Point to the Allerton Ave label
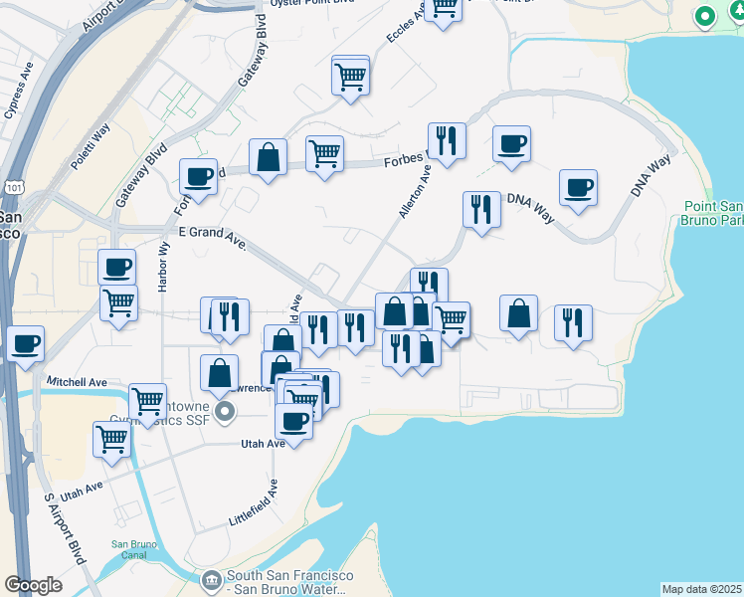[415, 192]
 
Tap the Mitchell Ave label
[77, 381]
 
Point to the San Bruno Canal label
[134, 549]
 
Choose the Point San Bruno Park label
[713, 212]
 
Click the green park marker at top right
[704, 17]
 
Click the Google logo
[33, 585]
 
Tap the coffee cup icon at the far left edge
[25, 343]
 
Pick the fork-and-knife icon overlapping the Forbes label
[447, 141]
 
